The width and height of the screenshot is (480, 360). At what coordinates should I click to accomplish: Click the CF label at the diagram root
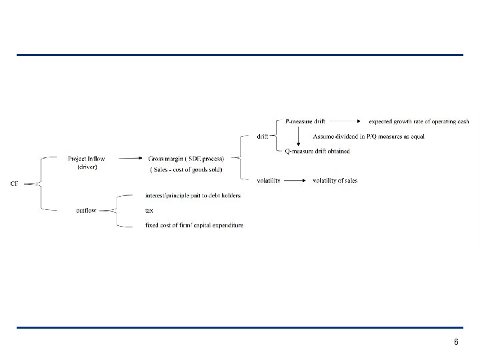tap(14, 184)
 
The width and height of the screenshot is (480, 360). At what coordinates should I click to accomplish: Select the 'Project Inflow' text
tap(86, 159)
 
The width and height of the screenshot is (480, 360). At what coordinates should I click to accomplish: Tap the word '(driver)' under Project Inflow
tap(86, 167)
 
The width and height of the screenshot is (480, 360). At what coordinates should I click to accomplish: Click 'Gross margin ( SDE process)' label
tap(186, 159)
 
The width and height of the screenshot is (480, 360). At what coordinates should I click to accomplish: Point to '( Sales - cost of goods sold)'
tap(186, 170)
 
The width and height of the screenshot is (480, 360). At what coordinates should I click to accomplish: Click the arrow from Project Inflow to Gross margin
tap(126, 159)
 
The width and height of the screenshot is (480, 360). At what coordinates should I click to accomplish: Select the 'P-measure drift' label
tap(305, 121)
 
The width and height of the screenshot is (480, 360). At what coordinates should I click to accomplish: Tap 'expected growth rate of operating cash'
tap(419, 121)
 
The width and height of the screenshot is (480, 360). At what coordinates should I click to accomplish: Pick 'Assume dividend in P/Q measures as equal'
tap(368, 137)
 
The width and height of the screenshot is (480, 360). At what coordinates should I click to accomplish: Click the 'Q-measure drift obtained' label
tap(317, 151)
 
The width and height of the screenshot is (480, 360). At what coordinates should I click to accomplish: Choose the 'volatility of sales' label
tap(335, 181)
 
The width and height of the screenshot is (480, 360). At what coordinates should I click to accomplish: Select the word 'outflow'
tap(86, 211)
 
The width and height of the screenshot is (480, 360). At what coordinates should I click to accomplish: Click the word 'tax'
tap(149, 211)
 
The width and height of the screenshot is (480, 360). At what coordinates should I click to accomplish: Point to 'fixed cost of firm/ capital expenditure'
tap(194, 225)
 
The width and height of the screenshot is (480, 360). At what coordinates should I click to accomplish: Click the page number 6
tap(456, 342)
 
